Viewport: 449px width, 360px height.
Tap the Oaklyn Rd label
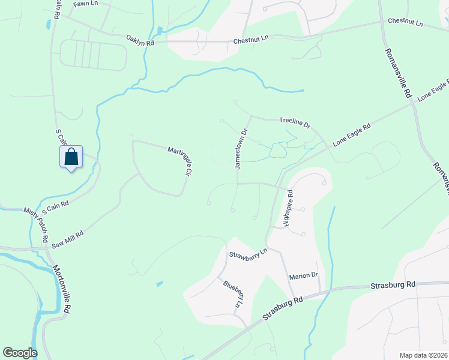(x=140, y=40)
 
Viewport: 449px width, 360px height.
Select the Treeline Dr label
(x=294, y=122)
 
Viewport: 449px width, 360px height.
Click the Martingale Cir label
(x=179, y=161)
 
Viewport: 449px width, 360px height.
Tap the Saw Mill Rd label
(x=66, y=238)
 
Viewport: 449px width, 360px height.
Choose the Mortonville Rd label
(x=62, y=290)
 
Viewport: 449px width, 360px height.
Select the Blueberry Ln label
(x=234, y=295)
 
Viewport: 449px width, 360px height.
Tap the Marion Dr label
(x=303, y=275)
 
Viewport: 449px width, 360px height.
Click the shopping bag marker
(x=71, y=157)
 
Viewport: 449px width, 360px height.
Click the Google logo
(x=20, y=353)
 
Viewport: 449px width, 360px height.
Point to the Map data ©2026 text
(x=423, y=355)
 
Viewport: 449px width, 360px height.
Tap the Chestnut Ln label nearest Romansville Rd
(x=405, y=22)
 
